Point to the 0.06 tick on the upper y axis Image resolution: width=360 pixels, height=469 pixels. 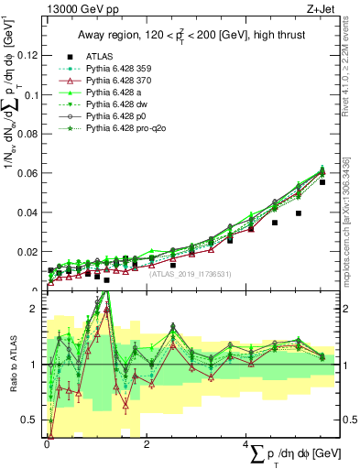(x=30, y=173)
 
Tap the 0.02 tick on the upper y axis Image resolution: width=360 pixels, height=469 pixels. (x=30, y=252)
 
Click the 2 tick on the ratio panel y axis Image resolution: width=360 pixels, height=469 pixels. (x=38, y=309)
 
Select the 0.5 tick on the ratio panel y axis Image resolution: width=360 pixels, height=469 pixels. (x=34, y=420)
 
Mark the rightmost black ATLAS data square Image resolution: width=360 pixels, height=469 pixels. (x=322, y=182)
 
